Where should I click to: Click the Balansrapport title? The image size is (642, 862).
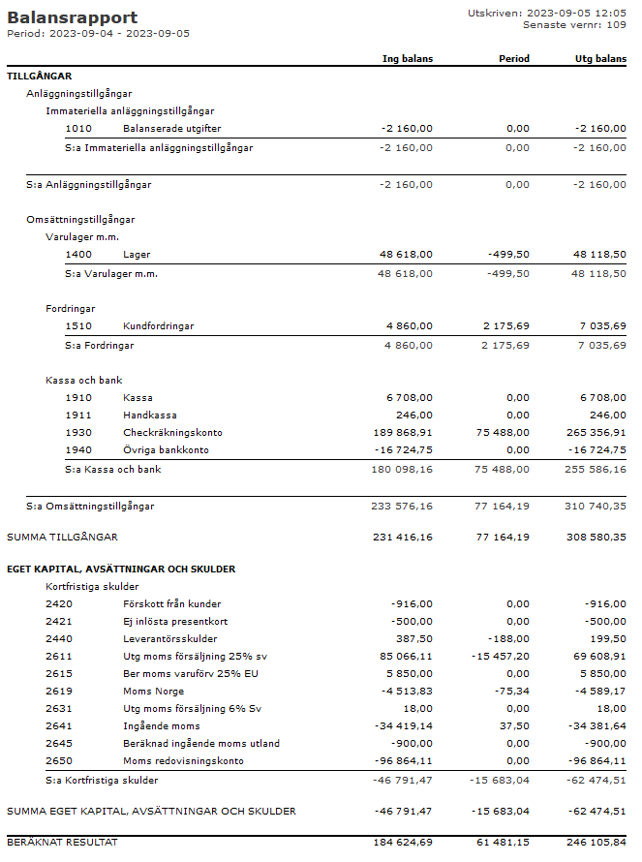[x=73, y=17]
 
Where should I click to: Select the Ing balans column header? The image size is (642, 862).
[x=408, y=59]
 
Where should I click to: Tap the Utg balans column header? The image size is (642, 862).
[x=600, y=59]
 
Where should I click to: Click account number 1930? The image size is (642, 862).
[x=78, y=433]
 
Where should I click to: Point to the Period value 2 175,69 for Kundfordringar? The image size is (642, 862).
[x=504, y=326]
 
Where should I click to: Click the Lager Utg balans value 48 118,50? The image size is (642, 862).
[x=599, y=255]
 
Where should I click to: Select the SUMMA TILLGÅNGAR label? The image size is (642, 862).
[x=63, y=537]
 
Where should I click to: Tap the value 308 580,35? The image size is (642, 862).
[x=594, y=537]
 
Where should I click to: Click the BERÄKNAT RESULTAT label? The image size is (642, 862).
[x=62, y=843]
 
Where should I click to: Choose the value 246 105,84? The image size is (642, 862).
[x=594, y=843]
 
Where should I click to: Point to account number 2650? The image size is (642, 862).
[x=59, y=761]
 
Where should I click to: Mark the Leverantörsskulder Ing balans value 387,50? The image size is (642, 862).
[x=413, y=639]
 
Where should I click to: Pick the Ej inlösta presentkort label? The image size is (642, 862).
[x=175, y=622]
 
